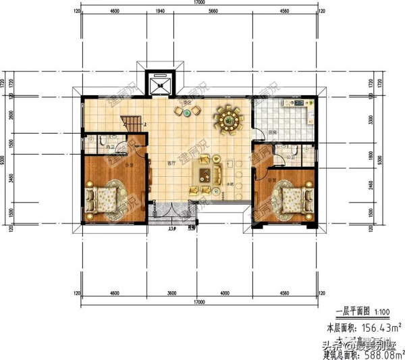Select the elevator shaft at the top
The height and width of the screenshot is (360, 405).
[x=161, y=83]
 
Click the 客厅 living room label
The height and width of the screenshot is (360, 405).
[x=171, y=164]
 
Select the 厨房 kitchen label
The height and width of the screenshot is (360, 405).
[x=273, y=132]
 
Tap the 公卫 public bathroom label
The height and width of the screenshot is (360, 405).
[x=291, y=157]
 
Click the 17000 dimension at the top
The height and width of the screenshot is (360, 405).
[x=199, y=3]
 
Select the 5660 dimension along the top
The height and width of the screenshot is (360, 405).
[x=213, y=12]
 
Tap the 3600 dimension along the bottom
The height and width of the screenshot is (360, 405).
[x=171, y=293]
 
